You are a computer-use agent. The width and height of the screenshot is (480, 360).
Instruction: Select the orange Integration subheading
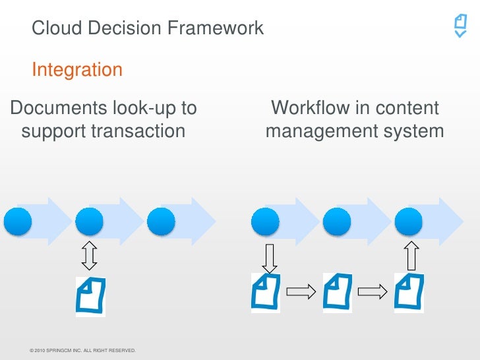pyautogui.click(x=77, y=70)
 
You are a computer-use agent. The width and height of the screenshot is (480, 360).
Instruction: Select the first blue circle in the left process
pyautogui.click(x=18, y=221)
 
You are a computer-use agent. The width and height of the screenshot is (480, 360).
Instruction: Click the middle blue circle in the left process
pyautogui.click(x=90, y=221)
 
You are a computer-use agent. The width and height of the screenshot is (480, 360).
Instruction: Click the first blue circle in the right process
pyautogui.click(x=265, y=221)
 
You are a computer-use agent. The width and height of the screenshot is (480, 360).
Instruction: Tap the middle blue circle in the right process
pyautogui.click(x=336, y=221)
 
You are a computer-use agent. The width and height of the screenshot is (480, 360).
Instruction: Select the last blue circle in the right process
pyautogui.click(x=408, y=221)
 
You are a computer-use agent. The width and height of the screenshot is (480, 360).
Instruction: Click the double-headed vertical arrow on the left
pyautogui.click(x=90, y=255)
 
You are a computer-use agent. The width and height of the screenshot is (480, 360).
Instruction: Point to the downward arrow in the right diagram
pyautogui.click(x=269, y=258)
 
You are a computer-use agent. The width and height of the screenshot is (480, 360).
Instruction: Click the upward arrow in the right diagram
pyautogui.click(x=412, y=255)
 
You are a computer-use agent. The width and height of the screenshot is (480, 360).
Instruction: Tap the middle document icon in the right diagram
pyautogui.click(x=337, y=292)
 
